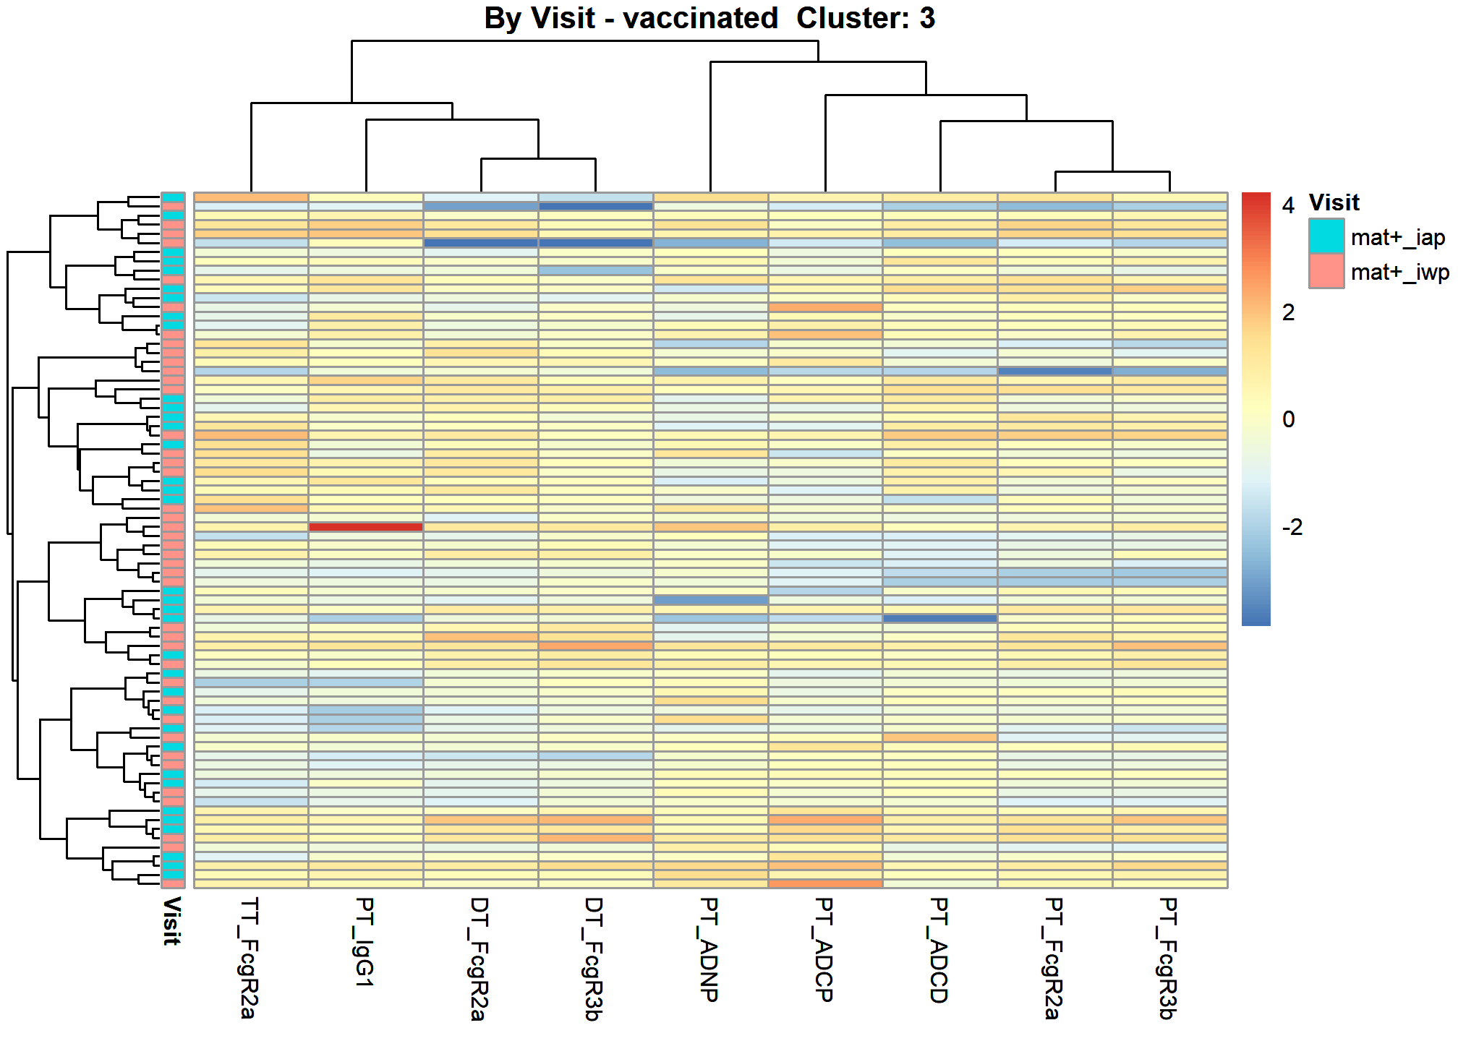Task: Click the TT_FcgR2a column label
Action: tap(248, 958)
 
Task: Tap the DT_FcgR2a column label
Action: tap(479, 959)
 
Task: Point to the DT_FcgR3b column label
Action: tap(593, 959)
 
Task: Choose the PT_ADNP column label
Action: tap(709, 949)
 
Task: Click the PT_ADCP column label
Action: tap(823, 949)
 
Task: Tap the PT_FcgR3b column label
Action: tap(1167, 958)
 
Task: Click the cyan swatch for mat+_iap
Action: tap(1326, 236)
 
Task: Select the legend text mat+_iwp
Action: tap(1399, 273)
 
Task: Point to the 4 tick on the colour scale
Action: tap(1288, 205)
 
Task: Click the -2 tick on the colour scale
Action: tap(1292, 527)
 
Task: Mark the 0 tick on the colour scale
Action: tap(1288, 419)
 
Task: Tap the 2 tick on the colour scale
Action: tap(1288, 312)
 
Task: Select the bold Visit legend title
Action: tap(1334, 202)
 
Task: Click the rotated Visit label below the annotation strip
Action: tap(171, 921)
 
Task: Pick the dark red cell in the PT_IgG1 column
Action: tap(366, 527)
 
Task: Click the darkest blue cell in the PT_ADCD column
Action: tap(940, 619)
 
